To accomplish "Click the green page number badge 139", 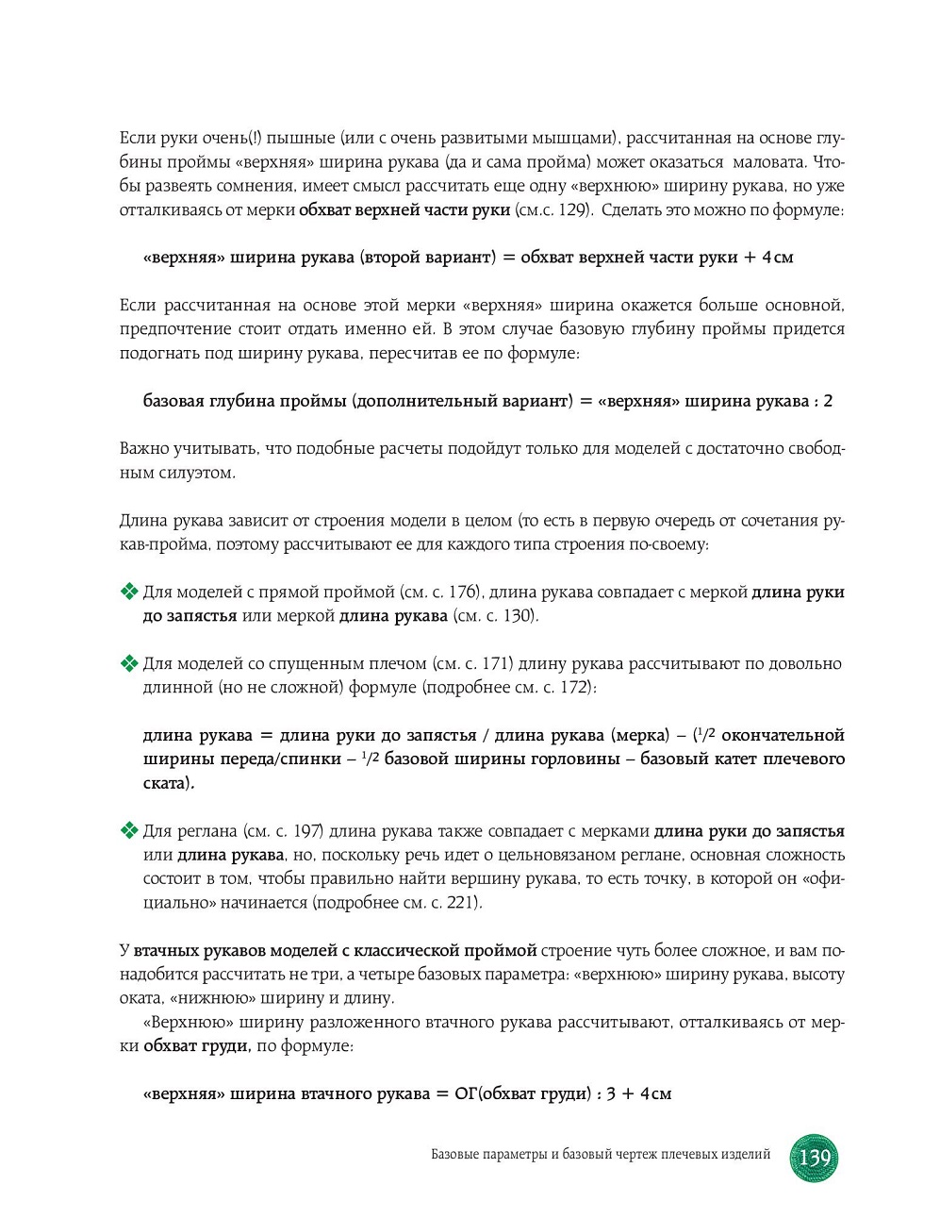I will [x=813, y=1157].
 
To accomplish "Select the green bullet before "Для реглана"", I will [x=129, y=830].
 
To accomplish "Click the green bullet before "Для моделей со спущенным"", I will [x=129, y=663].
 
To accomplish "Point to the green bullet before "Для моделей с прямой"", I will [x=129, y=592].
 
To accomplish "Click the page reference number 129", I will [x=573, y=209].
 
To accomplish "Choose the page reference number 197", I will [x=308, y=830].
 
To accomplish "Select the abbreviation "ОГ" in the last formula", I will [x=466, y=1093].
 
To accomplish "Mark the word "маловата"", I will [x=768, y=162].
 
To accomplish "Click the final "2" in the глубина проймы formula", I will [x=828, y=401].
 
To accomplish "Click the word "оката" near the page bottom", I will [x=140, y=998].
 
